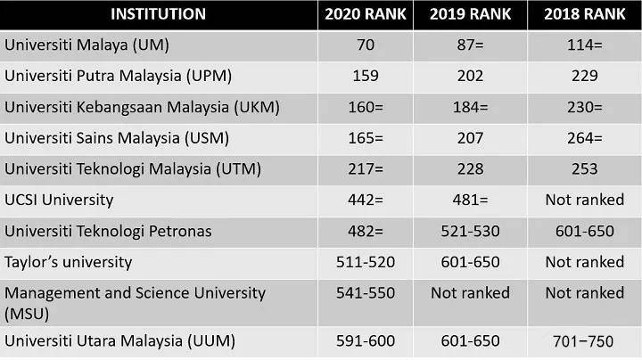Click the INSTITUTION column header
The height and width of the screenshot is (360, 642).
point(158,14)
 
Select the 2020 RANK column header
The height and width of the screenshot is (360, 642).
point(366,14)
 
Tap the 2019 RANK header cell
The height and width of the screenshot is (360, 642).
point(470,14)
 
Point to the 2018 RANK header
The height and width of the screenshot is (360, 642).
point(584,14)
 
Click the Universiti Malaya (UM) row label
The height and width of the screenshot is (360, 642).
point(86,45)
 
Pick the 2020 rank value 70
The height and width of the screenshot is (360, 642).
point(366,45)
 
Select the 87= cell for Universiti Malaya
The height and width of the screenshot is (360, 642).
point(470,45)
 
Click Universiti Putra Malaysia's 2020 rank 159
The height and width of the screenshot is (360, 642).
point(366,76)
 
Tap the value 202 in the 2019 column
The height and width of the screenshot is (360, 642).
point(470,76)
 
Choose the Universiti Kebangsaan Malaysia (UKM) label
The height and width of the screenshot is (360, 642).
point(142,108)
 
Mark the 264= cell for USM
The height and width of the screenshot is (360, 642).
point(584,138)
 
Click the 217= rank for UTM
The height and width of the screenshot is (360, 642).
point(366,169)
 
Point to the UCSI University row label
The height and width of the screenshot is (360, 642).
point(59,200)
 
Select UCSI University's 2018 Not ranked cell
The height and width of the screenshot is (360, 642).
point(584,200)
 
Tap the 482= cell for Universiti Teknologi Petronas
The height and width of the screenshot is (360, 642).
point(366,231)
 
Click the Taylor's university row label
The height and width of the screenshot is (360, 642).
point(69,262)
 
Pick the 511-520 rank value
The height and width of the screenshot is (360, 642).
point(366,262)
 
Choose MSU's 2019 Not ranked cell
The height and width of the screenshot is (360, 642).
point(470,293)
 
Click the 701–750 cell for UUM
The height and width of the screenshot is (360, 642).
point(583,341)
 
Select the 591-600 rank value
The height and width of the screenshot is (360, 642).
point(366,340)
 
